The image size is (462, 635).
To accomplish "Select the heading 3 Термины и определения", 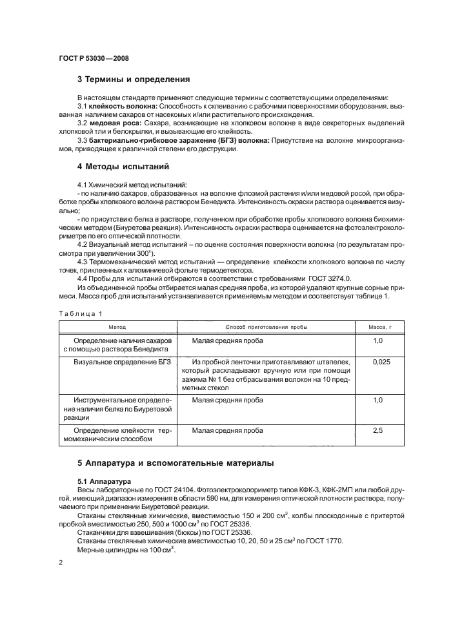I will (x=134, y=80).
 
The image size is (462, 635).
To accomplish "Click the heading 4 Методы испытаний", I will (x=123, y=167).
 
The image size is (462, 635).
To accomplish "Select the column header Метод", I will (x=117, y=328).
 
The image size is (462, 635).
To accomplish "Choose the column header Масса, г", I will (x=381, y=328).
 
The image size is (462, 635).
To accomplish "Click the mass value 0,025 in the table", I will (x=381, y=363).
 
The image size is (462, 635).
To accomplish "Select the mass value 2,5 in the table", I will (x=378, y=429).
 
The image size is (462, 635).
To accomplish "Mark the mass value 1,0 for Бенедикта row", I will (x=378, y=340).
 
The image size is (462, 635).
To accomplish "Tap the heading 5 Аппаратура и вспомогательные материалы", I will (x=176, y=463).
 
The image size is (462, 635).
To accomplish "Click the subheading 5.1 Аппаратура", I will (x=105, y=481).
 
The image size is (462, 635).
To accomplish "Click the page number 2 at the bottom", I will (x=60, y=563).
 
